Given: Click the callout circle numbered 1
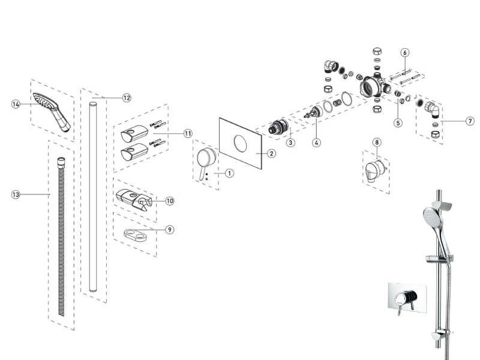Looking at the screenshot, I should click(x=229, y=173).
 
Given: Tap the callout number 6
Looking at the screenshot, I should click(x=405, y=52).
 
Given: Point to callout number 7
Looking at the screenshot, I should click(x=470, y=121).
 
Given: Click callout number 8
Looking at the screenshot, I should click(x=377, y=142).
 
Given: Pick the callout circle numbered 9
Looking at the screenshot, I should click(x=170, y=229).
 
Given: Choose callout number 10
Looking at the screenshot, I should click(x=170, y=201).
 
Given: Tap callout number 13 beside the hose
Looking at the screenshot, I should click(x=16, y=194).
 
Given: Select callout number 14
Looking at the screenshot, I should click(x=16, y=104).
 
